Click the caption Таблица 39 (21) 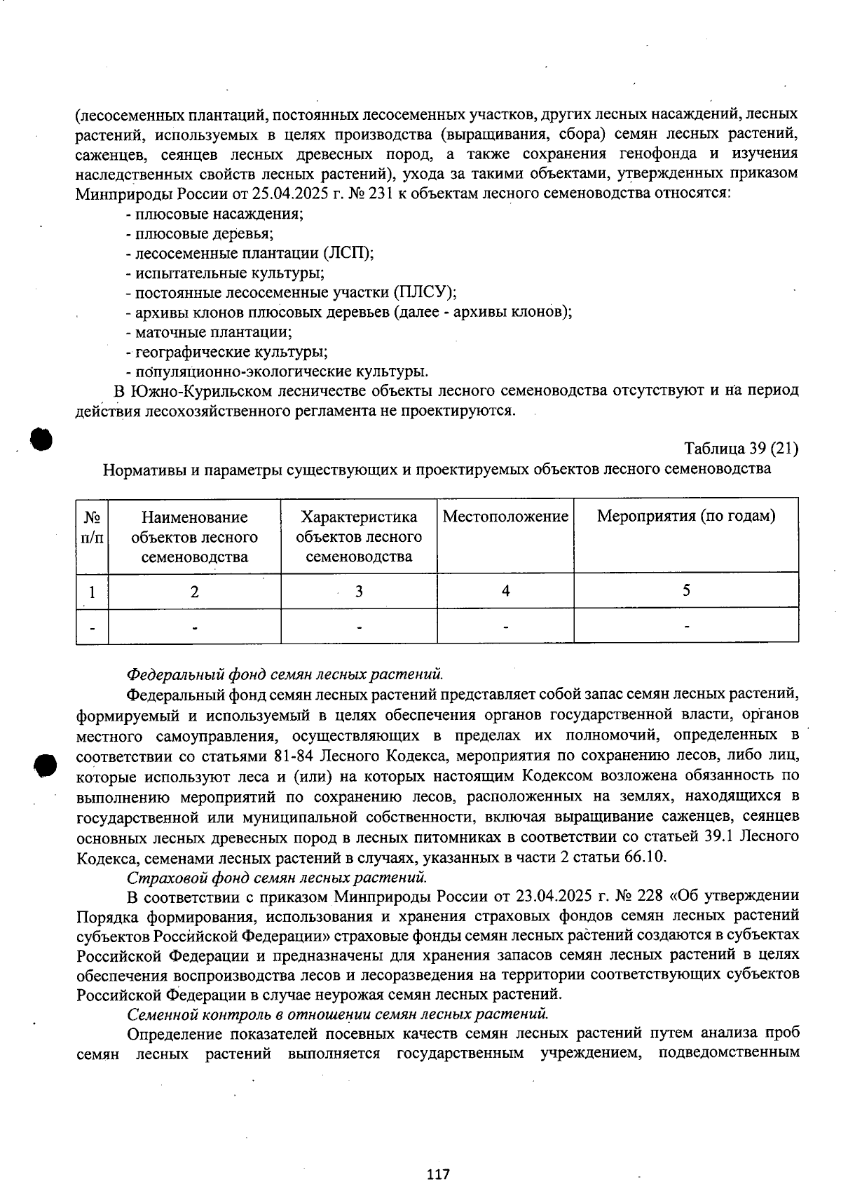pyautogui.click(x=741, y=448)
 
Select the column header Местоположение pyautogui.click(x=505, y=517)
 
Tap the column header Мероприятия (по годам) pyautogui.click(x=685, y=517)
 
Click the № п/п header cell pyautogui.click(x=92, y=526)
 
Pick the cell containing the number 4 pyautogui.click(x=505, y=590)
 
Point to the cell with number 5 pyautogui.click(x=686, y=590)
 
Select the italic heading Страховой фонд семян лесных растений pyautogui.click(x=277, y=876)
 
